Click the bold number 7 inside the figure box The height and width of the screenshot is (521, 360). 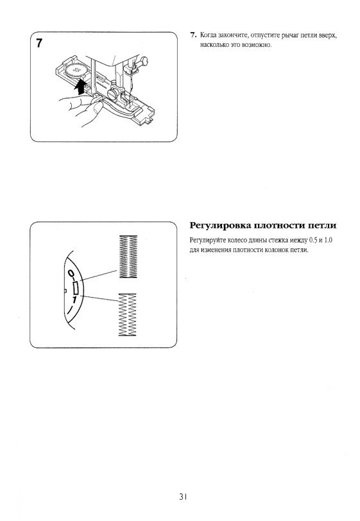[x=39, y=43]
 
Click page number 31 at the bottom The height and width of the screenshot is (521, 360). [x=183, y=497]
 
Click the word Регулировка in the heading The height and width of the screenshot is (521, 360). [x=219, y=226]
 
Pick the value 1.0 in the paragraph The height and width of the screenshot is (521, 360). [x=329, y=240]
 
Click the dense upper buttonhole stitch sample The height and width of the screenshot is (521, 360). [x=128, y=256]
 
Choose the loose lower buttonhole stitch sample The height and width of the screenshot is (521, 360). [x=127, y=314]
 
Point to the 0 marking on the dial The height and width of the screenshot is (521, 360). [x=71, y=273]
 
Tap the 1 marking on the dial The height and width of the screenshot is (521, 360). [x=74, y=300]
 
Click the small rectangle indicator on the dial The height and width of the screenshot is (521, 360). [x=76, y=287]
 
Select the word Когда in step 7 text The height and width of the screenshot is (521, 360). [x=207, y=35]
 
